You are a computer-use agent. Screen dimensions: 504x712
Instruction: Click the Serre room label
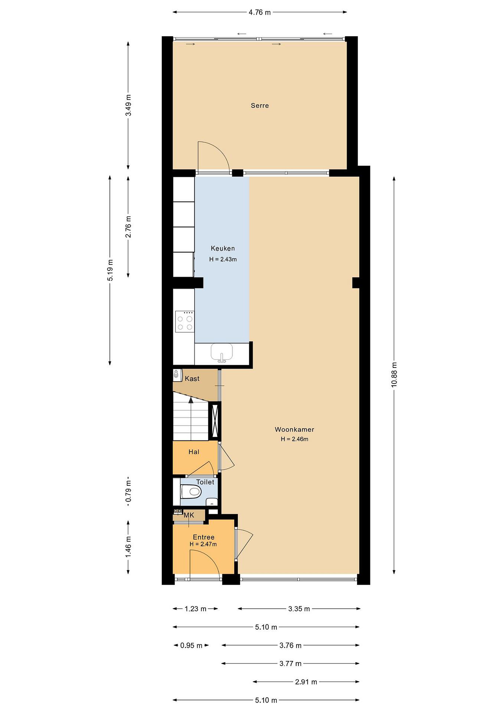(260, 106)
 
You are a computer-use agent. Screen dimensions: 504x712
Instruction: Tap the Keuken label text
(223, 248)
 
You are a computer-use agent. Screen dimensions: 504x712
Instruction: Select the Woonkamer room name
(294, 429)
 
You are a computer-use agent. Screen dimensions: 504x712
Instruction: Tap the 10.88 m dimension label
(394, 374)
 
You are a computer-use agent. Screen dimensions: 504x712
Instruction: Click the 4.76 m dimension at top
(260, 12)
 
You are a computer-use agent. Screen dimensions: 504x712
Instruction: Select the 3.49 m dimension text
(128, 105)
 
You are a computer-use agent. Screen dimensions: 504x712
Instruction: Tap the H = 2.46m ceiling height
(294, 439)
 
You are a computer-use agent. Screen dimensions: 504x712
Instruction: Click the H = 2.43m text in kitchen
(223, 259)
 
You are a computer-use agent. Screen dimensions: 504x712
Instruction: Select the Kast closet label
(192, 379)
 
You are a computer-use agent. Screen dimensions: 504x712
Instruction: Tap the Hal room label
(194, 452)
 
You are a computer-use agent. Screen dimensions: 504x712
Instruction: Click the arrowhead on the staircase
(191, 400)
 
